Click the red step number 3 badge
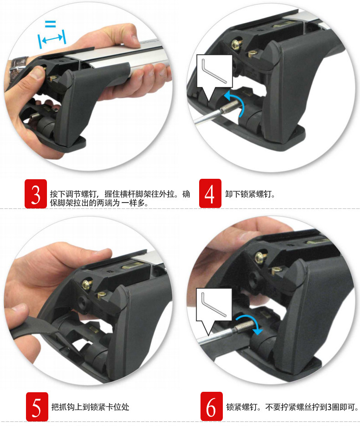pyautogui.click(x=36, y=194)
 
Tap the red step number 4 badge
pyautogui.click(x=210, y=193)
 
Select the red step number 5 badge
pyautogui.click(x=37, y=407)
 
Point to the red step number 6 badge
pyautogui.click(x=211, y=406)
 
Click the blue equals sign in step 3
pyautogui.click(x=50, y=24)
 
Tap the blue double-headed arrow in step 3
pyautogui.click(x=52, y=39)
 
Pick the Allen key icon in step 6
pyautogui.click(x=214, y=304)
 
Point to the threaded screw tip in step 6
pyautogui.click(x=244, y=326)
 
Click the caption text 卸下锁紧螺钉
pyautogui.click(x=250, y=194)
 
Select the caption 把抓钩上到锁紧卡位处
pyautogui.click(x=90, y=407)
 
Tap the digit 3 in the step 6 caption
pyautogui.click(x=329, y=407)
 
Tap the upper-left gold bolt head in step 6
pyautogui.click(x=260, y=256)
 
